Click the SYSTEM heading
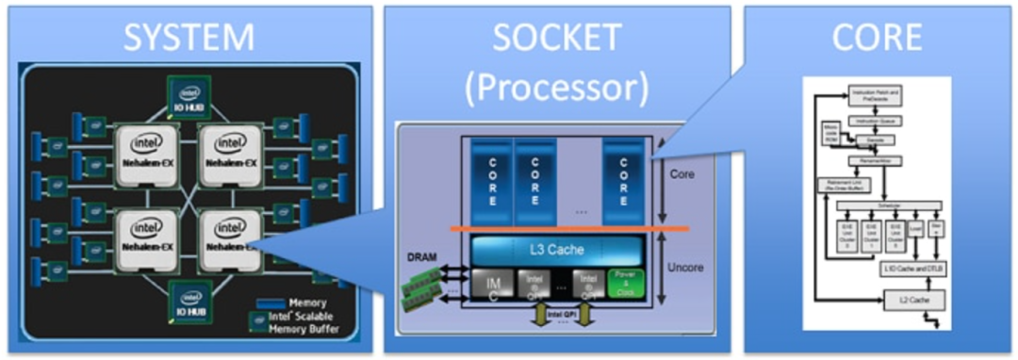191,38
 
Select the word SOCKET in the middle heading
557,38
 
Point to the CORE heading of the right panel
877,38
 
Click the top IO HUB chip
190,95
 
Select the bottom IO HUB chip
190,300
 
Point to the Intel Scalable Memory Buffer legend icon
254,320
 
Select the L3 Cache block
557,251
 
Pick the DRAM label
420,256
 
